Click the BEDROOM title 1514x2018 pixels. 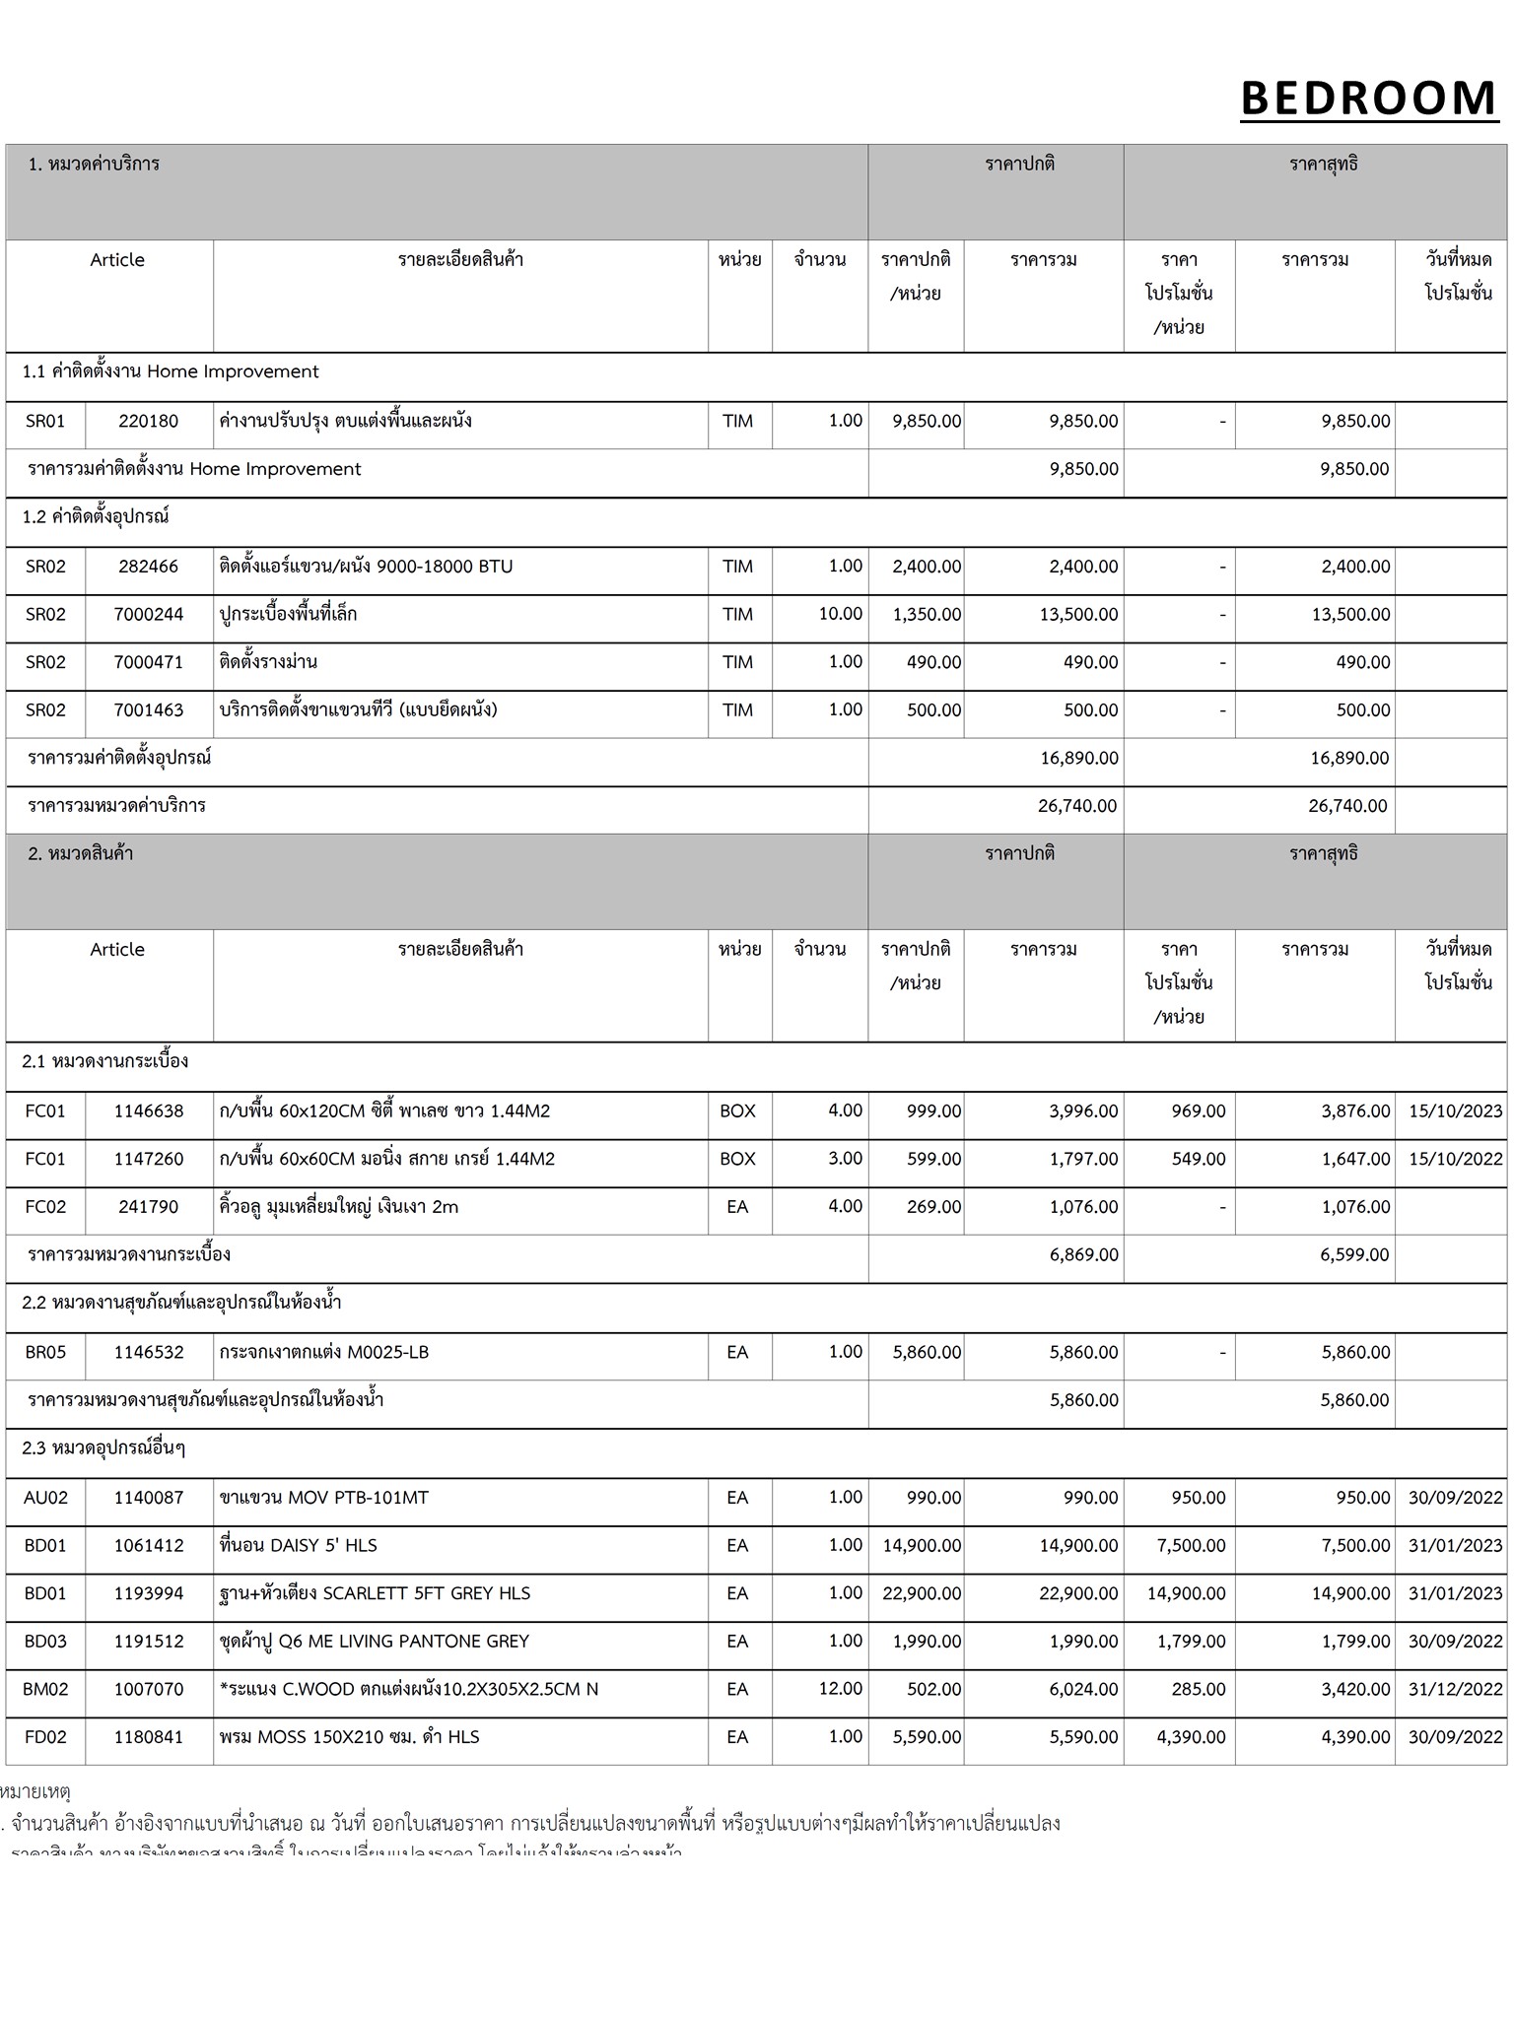[x=1368, y=99]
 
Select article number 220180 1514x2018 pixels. [x=149, y=422]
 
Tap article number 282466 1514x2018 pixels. [x=149, y=567]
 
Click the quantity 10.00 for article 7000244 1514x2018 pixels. [x=840, y=614]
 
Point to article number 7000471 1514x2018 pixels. [x=149, y=662]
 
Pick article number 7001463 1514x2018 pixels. [x=149, y=709]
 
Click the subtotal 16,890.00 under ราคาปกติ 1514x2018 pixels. [x=1079, y=758]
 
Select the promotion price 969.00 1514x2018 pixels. [x=1198, y=1111]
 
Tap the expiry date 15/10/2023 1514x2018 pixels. [x=1455, y=1111]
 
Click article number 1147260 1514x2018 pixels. [x=149, y=1159]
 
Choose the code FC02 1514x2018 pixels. [x=45, y=1207]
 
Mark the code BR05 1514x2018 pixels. [x=45, y=1353]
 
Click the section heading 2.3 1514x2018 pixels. [x=103, y=1448]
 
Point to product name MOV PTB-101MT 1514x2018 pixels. [x=324, y=1498]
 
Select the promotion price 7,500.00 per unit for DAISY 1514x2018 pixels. [x=1191, y=1546]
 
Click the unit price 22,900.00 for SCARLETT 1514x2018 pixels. [x=922, y=1593]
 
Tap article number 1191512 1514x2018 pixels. [x=149, y=1642]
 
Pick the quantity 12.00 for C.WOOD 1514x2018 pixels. [x=840, y=1689]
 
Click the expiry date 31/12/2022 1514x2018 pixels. [x=1455, y=1689]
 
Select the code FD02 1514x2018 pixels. [x=45, y=1737]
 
